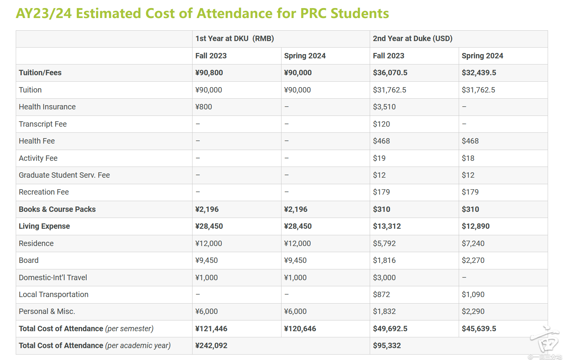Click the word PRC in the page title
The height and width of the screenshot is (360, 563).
313,13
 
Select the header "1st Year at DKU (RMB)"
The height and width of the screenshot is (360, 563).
234,39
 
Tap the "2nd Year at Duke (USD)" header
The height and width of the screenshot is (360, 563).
412,39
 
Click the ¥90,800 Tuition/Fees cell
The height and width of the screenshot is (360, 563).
209,73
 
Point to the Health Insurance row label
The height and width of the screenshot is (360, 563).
47,107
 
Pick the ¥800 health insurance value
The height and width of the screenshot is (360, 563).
204,107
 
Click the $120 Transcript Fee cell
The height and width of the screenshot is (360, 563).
381,124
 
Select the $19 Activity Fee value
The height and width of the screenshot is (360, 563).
379,158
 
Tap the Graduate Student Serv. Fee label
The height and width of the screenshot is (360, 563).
64,175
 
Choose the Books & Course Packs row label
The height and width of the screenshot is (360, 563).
57,210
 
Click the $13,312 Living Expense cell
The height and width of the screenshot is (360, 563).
387,226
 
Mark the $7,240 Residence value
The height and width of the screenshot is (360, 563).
473,244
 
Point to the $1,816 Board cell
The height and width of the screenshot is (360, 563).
384,261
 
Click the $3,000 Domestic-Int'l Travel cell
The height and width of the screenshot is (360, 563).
384,278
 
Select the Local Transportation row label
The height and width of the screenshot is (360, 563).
53,295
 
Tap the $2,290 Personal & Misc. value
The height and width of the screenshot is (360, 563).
473,312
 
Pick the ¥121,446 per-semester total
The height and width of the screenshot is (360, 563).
211,329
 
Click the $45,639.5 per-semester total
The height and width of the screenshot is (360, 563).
479,329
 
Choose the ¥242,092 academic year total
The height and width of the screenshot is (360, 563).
211,346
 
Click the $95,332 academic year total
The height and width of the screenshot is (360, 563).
387,346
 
